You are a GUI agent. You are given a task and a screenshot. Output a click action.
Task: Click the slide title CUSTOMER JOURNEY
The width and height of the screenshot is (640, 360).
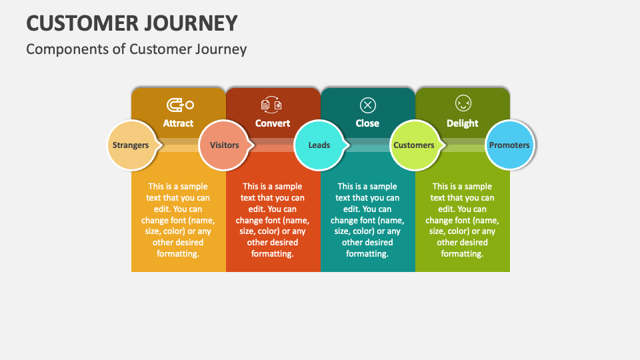(x=132, y=23)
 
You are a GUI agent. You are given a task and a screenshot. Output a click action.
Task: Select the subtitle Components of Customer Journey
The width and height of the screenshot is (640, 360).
(x=137, y=49)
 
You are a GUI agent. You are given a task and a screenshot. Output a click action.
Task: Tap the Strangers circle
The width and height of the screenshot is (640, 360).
(x=131, y=145)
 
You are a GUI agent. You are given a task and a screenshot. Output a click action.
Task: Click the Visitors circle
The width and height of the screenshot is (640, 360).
(x=224, y=145)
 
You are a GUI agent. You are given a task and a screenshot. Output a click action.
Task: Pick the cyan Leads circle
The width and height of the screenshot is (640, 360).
(x=319, y=145)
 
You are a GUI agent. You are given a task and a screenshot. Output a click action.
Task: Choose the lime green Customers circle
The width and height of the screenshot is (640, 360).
(x=414, y=145)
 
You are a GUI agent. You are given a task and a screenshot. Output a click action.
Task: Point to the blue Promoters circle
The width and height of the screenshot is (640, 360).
(x=509, y=145)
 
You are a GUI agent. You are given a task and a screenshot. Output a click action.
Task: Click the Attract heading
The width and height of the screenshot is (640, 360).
(x=178, y=123)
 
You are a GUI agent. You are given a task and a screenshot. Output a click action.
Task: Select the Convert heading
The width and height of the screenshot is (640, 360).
(x=273, y=123)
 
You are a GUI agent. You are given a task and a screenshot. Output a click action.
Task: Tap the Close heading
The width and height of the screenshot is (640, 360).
(x=367, y=123)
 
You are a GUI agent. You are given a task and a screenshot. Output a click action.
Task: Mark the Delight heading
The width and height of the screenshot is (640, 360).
(x=463, y=123)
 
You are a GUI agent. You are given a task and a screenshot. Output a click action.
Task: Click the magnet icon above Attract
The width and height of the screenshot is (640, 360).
(x=179, y=105)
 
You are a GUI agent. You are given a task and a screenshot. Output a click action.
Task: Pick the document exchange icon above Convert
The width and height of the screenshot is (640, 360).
(x=272, y=105)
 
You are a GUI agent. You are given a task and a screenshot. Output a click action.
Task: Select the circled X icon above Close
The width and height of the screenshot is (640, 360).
(x=367, y=105)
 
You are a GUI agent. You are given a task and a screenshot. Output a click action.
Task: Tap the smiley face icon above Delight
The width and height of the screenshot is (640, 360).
(x=463, y=104)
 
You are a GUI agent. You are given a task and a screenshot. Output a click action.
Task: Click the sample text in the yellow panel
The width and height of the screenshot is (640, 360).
(x=178, y=220)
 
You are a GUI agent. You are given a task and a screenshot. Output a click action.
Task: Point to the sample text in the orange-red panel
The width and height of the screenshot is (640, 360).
(x=273, y=220)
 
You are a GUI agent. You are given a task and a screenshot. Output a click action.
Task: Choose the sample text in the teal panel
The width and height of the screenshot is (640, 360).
(x=367, y=220)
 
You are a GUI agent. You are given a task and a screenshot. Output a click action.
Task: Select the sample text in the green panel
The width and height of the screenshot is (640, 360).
(x=463, y=220)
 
